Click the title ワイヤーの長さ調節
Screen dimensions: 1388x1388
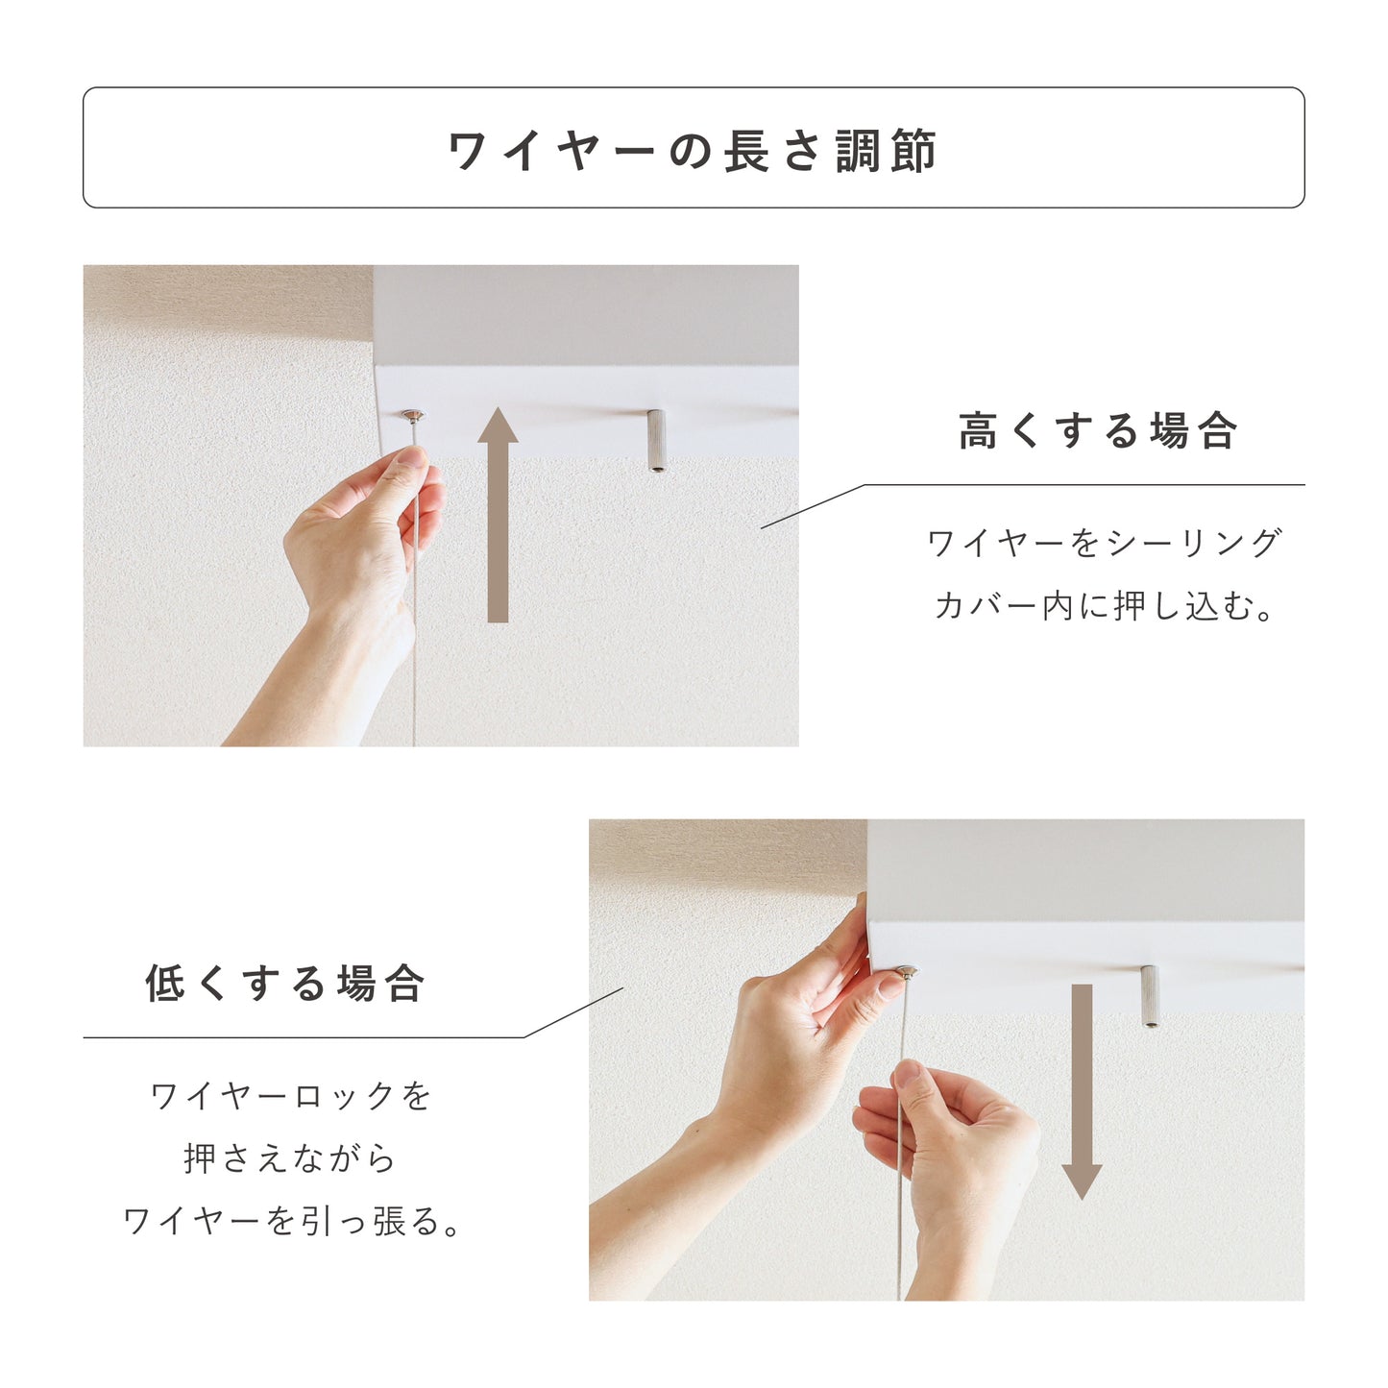point(693,151)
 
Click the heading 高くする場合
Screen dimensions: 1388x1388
point(1098,430)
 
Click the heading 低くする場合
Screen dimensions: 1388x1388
point(286,984)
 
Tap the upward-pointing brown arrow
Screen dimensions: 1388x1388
point(498,514)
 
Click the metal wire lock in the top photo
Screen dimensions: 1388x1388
point(413,416)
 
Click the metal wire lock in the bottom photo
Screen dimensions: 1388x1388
point(907,972)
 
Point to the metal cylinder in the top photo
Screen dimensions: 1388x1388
point(656,440)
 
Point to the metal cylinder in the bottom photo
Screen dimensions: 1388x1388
point(1151,995)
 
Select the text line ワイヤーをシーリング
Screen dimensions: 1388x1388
point(1104,543)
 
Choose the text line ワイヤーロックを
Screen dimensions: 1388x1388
point(290,1096)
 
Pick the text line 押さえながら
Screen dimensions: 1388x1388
point(289,1159)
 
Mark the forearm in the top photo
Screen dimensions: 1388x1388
point(317,684)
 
